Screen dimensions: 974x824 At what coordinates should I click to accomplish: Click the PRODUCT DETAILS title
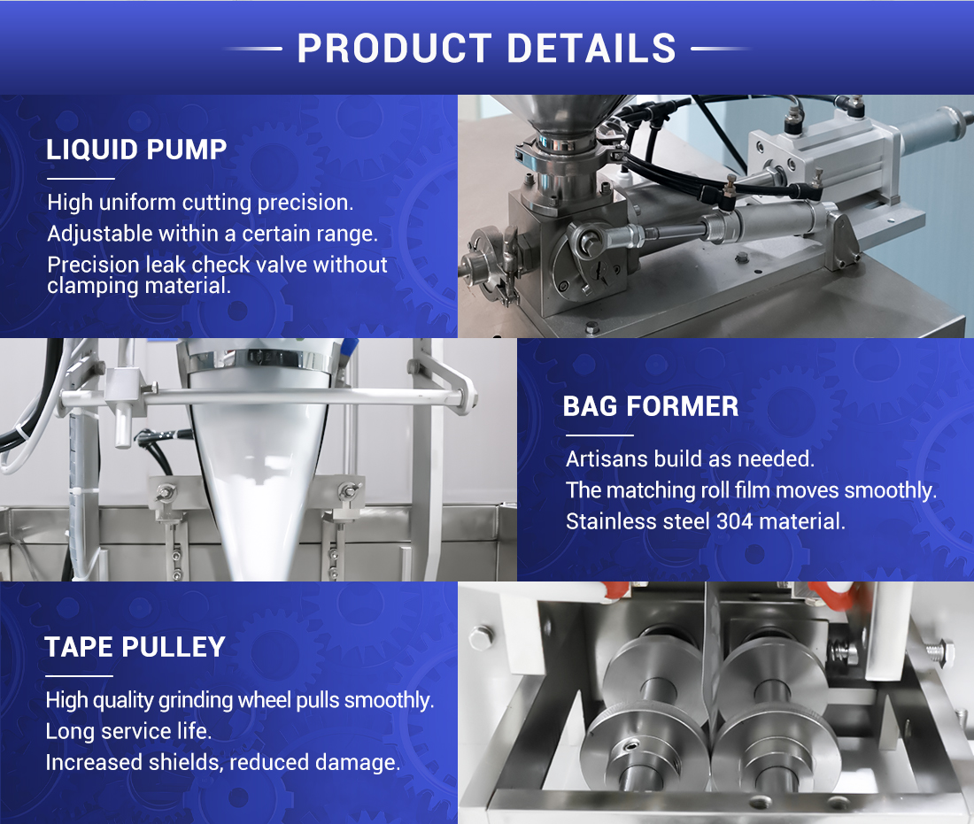[486, 49]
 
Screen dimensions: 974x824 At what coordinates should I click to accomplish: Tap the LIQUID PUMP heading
[136, 150]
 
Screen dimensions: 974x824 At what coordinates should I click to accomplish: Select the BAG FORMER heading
[651, 406]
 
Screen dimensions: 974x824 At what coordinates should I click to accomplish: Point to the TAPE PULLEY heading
[135, 647]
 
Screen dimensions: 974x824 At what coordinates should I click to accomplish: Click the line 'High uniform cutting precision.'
[201, 203]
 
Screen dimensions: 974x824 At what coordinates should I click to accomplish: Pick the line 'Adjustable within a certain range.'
[213, 234]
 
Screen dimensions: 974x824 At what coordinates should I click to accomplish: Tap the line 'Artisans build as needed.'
[690, 458]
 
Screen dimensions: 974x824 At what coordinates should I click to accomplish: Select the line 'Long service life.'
[128, 731]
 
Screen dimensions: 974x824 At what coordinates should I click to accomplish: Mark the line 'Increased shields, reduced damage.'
[223, 762]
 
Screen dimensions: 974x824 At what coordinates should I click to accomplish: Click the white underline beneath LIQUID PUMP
[81, 179]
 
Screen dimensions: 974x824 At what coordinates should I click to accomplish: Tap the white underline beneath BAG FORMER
[599, 435]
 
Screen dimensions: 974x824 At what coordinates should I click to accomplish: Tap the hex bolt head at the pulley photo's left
[481, 638]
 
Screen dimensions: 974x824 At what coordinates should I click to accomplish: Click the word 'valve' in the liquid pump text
[282, 266]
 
